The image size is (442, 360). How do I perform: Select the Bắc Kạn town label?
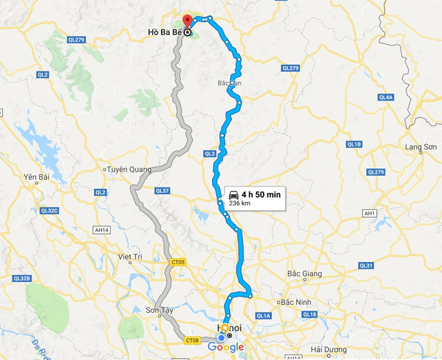pyautogui.click(x=230, y=83)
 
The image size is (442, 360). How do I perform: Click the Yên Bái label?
pyautogui.click(x=33, y=177)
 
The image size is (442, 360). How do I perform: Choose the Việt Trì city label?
pyautogui.click(x=131, y=257)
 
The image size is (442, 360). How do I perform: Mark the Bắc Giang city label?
pyautogui.click(x=305, y=274)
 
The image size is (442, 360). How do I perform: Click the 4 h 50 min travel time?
pyautogui.click(x=261, y=194)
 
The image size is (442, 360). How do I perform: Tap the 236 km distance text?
pyautogui.click(x=240, y=203)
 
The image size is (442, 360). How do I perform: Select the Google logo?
pyautogui.click(x=226, y=347)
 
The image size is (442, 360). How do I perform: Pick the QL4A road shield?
pyautogui.click(x=385, y=97)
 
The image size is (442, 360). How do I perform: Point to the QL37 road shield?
pyautogui.click(x=162, y=190)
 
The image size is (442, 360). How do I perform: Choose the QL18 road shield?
pyautogui.click(x=309, y=315)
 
